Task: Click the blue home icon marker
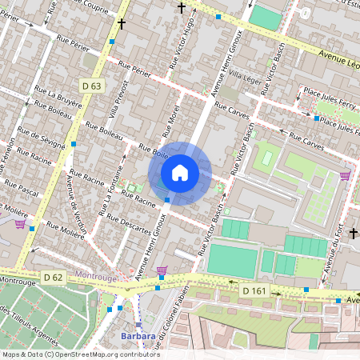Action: [x=180, y=173]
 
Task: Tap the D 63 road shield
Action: [x=91, y=86]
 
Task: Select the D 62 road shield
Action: [x=54, y=278]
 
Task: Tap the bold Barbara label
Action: [x=138, y=336]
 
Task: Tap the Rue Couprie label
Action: [x=80, y=6]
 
